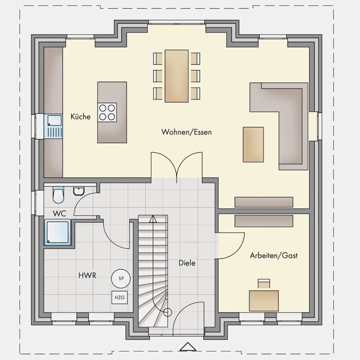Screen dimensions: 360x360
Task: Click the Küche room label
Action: (x=80, y=116)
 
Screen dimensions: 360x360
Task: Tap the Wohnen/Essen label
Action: (x=186, y=132)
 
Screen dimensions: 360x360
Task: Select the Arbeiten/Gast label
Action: (x=274, y=256)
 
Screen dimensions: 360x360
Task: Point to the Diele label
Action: (x=187, y=263)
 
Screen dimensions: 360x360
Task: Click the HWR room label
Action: (x=87, y=275)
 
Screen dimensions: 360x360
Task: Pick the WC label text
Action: (x=59, y=213)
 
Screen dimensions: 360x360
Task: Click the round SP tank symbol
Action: (x=121, y=279)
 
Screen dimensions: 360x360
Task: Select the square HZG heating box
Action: (x=120, y=297)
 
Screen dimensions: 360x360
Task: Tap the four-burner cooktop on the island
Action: (x=107, y=112)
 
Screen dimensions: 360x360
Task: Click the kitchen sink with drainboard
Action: (x=55, y=126)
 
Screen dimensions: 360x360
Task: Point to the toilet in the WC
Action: (x=58, y=195)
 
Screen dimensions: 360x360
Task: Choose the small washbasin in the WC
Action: (x=79, y=191)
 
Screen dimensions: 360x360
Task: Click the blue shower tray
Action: (x=58, y=232)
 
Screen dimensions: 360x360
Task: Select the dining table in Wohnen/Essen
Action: (x=176, y=76)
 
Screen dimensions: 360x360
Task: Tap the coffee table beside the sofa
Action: (x=253, y=145)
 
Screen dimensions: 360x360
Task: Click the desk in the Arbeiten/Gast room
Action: (x=264, y=301)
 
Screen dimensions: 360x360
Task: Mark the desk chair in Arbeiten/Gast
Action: (x=264, y=284)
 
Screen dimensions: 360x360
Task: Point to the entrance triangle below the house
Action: (x=188, y=347)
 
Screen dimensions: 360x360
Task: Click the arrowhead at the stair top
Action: (x=153, y=219)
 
